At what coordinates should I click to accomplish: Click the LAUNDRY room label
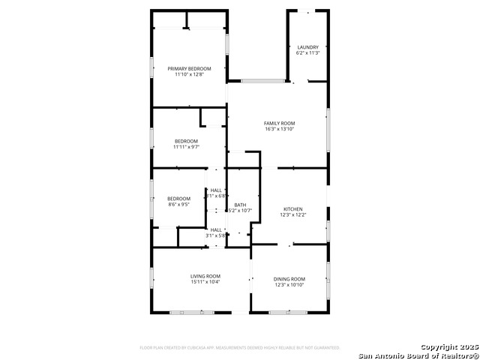(307, 47)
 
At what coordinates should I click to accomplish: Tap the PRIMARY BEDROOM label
(189, 68)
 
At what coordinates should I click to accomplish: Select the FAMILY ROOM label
(279, 123)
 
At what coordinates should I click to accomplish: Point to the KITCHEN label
(292, 209)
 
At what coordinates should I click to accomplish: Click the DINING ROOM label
(289, 279)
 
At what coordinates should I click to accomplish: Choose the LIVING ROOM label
(205, 276)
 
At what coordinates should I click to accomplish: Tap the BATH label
(240, 205)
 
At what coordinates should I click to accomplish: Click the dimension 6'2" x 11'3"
(307, 53)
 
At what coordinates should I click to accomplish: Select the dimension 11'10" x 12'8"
(189, 74)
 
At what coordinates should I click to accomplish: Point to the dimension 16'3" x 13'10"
(279, 129)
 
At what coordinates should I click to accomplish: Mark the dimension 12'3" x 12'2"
(292, 215)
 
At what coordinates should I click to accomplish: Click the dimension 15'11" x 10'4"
(205, 282)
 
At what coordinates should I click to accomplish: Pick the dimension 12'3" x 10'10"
(289, 285)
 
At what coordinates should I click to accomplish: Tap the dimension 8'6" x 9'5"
(178, 204)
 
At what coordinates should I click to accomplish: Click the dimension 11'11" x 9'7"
(186, 147)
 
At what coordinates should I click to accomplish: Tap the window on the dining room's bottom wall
(289, 311)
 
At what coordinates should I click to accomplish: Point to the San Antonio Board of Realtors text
(418, 355)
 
